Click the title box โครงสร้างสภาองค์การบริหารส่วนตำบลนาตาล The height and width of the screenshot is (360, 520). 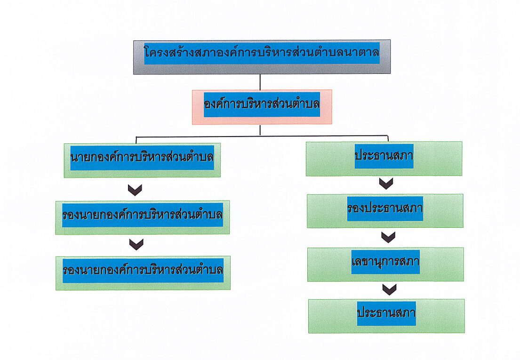pyautogui.click(x=262, y=57)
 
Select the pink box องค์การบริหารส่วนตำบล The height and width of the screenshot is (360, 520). pyautogui.click(x=262, y=107)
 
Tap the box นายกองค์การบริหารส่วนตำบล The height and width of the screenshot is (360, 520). pyautogui.click(x=142, y=160)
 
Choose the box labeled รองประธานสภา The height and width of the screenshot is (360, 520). pyautogui.click(x=385, y=211)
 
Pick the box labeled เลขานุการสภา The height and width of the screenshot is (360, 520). pyautogui.click(x=385, y=264)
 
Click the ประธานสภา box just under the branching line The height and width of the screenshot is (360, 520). pyautogui.click(x=384, y=159)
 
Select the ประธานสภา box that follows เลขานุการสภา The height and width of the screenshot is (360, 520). pyautogui.click(x=386, y=316)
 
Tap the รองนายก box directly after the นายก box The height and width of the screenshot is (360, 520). pyautogui.click(x=143, y=217)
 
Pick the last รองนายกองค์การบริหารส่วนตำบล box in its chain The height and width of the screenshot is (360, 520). pyautogui.click(x=143, y=273)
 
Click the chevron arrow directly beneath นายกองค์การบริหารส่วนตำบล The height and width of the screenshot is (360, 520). pyautogui.click(x=135, y=190)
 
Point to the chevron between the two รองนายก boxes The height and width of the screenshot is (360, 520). pyautogui.click(x=136, y=244)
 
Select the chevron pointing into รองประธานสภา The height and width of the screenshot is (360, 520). pyautogui.click(x=386, y=184)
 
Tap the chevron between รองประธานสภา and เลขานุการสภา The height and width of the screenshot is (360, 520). pyautogui.click(x=388, y=237)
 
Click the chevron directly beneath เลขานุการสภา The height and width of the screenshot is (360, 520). pyautogui.click(x=389, y=289)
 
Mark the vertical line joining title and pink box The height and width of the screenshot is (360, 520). pyautogui.click(x=260, y=82)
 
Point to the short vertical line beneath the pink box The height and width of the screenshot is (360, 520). pyautogui.click(x=260, y=130)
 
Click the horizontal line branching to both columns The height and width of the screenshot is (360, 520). pyautogui.click(x=262, y=136)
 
